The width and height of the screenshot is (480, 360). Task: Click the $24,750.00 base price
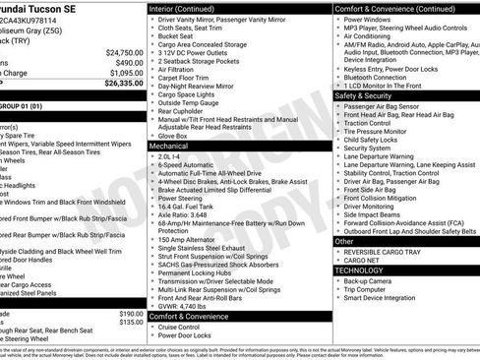pos(124,52)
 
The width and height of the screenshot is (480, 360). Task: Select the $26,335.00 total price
pos(124,84)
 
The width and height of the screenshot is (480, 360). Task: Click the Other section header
pos(345,240)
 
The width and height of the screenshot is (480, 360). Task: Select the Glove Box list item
pos(173,134)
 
